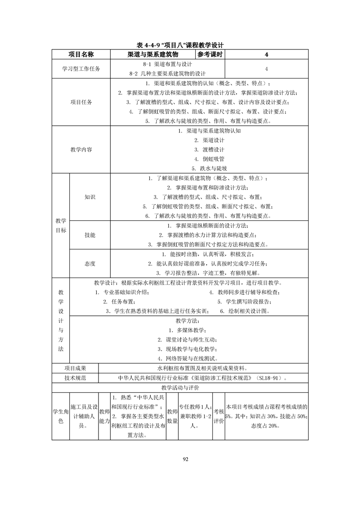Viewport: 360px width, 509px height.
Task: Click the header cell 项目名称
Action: click(81, 54)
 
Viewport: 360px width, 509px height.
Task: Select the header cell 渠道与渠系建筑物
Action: click(153, 54)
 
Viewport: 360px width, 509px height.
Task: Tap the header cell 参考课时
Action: click(210, 54)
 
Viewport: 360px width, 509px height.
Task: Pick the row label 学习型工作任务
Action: click(81, 69)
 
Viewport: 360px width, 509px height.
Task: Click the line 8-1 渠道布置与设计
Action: click(167, 64)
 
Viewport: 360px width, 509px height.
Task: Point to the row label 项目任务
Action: click(81, 102)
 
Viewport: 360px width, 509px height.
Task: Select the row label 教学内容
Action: click(81, 150)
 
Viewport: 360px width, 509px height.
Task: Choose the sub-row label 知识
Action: click(90, 197)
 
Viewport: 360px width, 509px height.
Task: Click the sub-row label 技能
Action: click(90, 235)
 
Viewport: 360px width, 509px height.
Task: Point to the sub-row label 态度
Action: click(90, 264)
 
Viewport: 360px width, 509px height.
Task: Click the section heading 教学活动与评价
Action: click(180, 388)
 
